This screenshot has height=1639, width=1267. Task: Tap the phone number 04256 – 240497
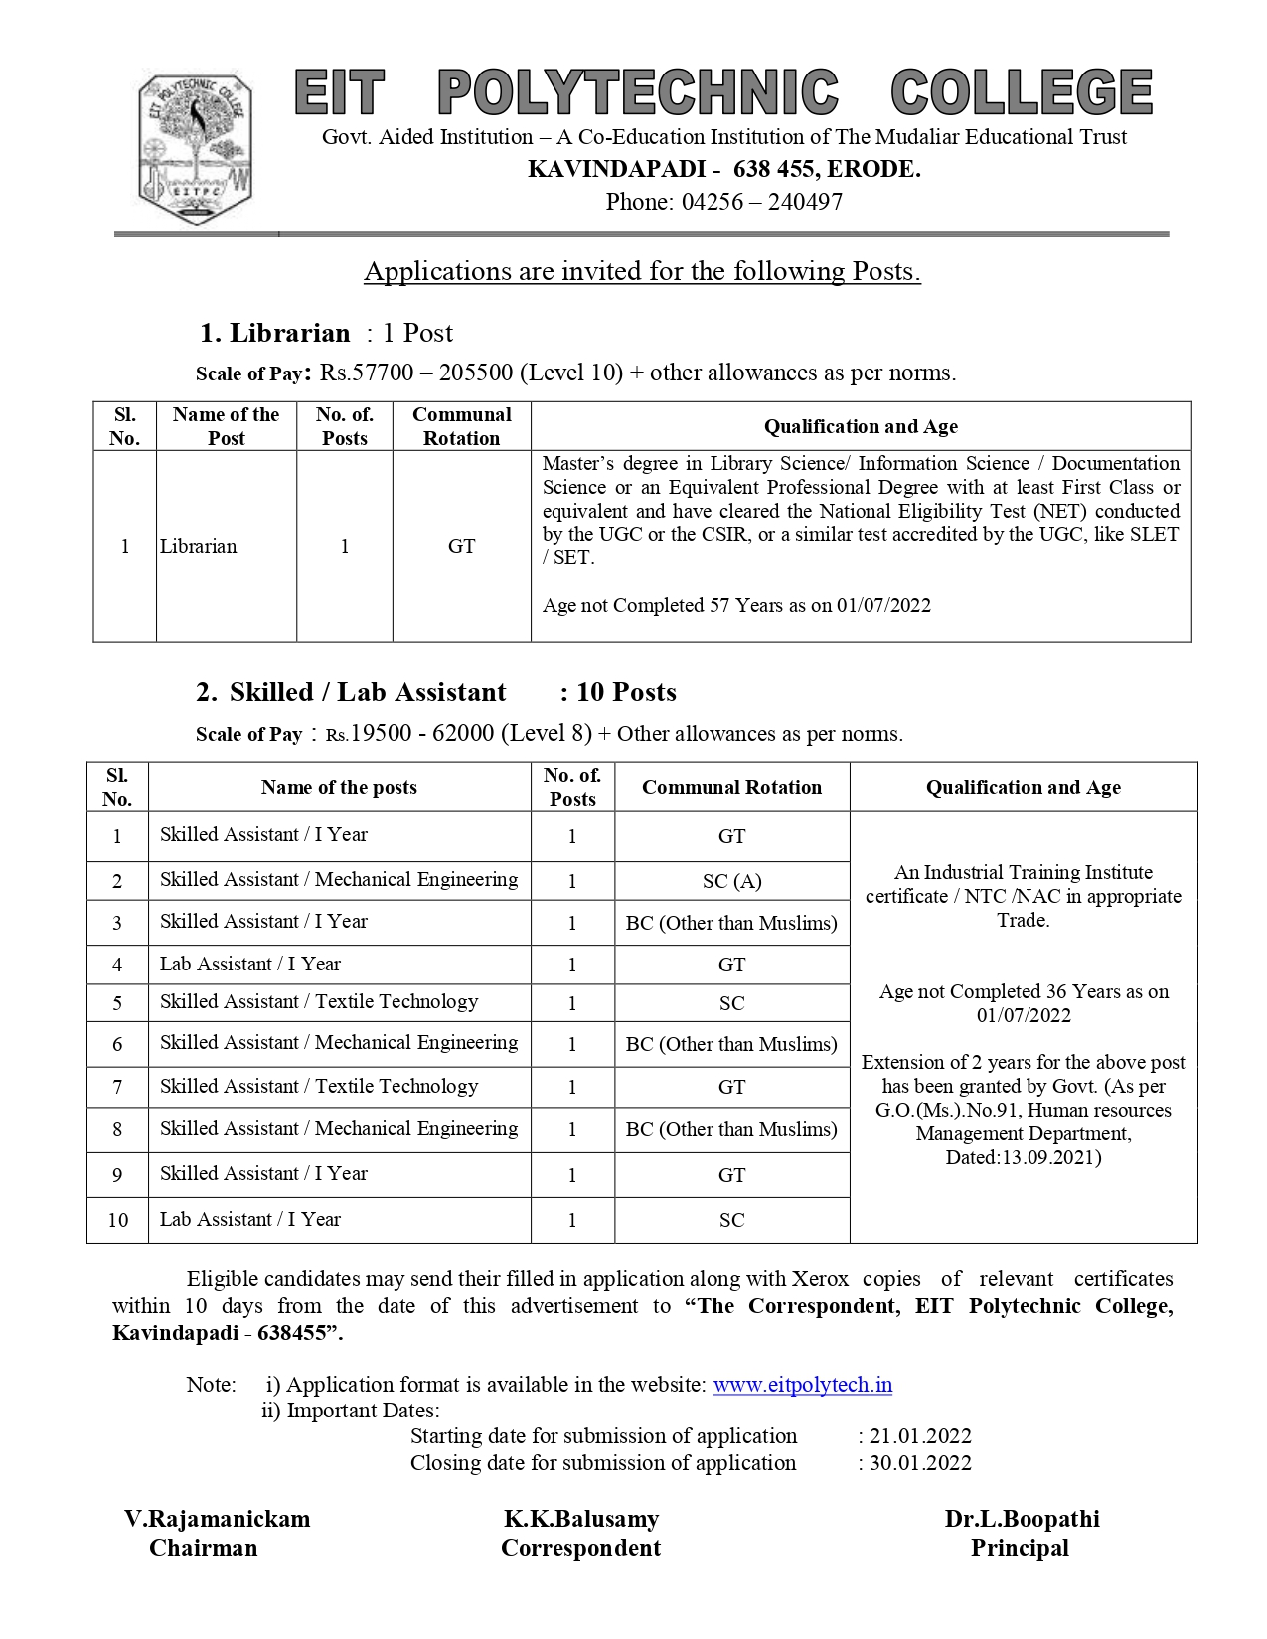[761, 202]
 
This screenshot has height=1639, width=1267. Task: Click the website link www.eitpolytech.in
[802, 1385]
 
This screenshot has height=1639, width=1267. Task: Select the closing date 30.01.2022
[920, 1463]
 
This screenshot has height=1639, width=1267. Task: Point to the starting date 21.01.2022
[920, 1436]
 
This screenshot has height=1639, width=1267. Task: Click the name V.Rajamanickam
[217, 1519]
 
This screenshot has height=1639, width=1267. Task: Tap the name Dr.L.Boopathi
[1022, 1519]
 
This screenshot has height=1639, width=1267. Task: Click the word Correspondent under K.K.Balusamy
[580, 1548]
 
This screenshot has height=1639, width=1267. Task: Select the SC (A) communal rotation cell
[731, 881]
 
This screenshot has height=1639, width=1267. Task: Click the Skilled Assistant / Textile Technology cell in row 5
[319, 1002]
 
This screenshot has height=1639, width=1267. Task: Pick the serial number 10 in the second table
[117, 1220]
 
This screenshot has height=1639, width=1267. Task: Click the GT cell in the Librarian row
[461, 546]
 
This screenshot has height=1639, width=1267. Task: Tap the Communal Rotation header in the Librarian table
[461, 426]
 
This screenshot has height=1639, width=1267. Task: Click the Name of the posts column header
[339, 788]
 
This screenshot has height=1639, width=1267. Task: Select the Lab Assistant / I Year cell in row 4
[250, 965]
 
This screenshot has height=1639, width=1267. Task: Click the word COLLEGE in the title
[1021, 92]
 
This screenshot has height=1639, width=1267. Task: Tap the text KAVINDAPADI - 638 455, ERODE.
[723, 169]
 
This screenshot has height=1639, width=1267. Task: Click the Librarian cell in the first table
[199, 546]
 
